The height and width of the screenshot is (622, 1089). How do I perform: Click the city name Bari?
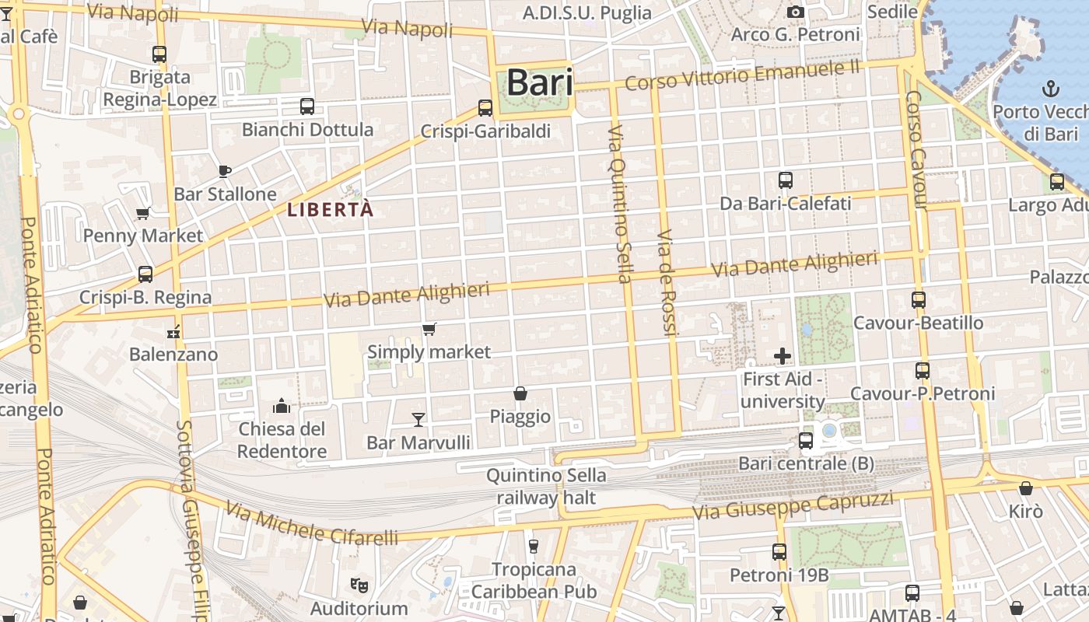tap(539, 83)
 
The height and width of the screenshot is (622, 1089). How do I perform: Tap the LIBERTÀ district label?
tap(331, 209)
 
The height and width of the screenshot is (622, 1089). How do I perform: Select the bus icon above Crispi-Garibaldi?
tap(485, 108)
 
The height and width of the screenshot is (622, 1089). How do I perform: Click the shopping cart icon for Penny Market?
tap(142, 213)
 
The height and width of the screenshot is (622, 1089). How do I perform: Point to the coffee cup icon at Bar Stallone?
tap(225, 170)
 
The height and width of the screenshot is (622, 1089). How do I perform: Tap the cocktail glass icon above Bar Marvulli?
tap(418, 420)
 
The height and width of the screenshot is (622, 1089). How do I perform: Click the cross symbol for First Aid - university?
tap(783, 356)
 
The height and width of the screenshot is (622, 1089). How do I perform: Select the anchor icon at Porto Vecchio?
tap(1051, 88)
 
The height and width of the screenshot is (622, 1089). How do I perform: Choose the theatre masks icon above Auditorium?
tap(359, 584)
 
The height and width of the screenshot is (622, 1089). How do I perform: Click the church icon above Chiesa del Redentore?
tap(281, 406)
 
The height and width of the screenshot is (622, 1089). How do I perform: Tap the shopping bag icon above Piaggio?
tap(520, 394)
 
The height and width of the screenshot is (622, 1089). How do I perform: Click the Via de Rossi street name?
tap(668, 282)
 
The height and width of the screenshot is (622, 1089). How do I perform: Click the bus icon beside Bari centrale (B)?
tap(806, 441)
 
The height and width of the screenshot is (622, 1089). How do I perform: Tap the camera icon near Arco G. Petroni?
tap(795, 12)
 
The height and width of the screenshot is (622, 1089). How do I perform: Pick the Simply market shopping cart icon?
tap(429, 330)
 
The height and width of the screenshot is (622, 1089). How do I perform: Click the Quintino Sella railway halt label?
tap(546, 486)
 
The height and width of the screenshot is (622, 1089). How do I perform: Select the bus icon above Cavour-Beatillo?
tap(919, 299)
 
